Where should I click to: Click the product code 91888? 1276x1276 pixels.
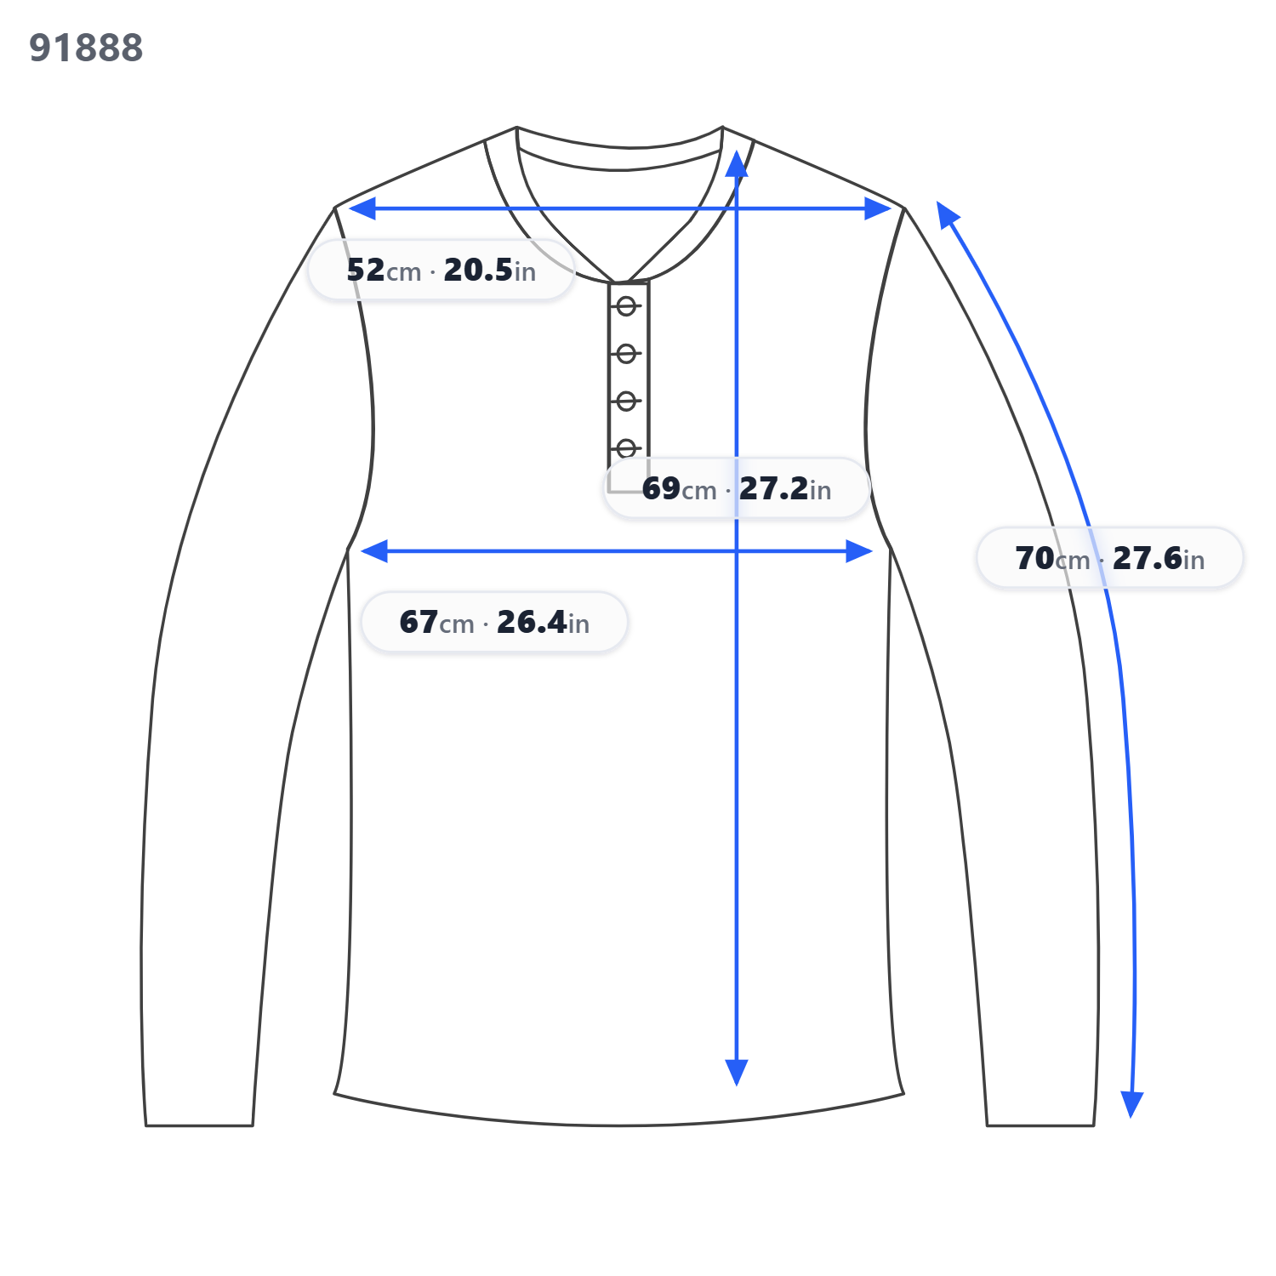pos(86,48)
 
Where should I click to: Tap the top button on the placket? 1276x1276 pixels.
pos(626,306)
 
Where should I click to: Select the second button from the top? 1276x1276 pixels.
pos(626,353)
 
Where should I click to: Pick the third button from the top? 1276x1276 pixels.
pos(626,401)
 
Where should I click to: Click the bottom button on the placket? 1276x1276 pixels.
pos(626,447)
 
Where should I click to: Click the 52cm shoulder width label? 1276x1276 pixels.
pos(441,271)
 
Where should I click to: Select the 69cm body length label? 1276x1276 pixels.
pos(737,488)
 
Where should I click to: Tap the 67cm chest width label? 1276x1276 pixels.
pos(494,622)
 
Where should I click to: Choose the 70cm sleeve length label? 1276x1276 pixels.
pos(1110,558)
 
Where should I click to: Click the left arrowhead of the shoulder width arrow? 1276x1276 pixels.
pos(362,208)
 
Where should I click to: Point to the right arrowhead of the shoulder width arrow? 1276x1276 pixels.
pos(878,208)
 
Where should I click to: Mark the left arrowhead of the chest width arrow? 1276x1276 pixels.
pos(374,551)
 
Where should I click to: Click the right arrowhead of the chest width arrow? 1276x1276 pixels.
pos(859,551)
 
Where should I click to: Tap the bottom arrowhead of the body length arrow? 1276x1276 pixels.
pos(737,1073)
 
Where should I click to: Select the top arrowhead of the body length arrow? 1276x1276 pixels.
pos(737,164)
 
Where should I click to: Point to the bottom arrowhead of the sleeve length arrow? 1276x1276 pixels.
pos(1131,1104)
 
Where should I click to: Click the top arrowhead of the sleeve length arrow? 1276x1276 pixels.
pos(947,214)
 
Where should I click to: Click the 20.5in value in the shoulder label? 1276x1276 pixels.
pos(490,271)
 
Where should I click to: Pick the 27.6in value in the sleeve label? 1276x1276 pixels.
pos(1159,558)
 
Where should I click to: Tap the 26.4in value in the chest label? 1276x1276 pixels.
pos(544,622)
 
